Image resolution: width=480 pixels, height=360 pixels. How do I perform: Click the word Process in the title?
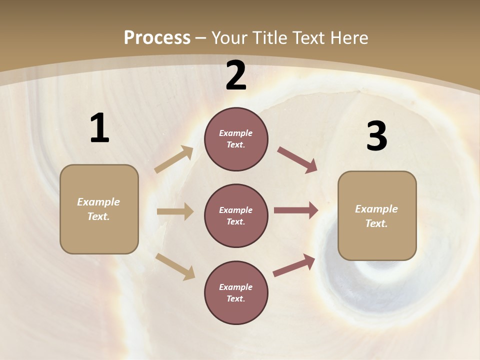pyautogui.click(x=157, y=38)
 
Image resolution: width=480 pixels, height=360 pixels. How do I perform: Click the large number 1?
pyautogui.click(x=99, y=128)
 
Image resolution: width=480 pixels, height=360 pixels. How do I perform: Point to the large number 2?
pyautogui.click(x=236, y=75)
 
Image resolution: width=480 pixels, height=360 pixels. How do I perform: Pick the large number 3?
pyautogui.click(x=376, y=136)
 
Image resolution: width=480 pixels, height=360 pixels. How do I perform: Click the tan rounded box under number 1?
pyautogui.click(x=99, y=209)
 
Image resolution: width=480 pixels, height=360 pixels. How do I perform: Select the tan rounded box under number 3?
pyautogui.click(x=377, y=216)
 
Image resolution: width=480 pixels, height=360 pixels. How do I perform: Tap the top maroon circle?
pyautogui.click(x=236, y=139)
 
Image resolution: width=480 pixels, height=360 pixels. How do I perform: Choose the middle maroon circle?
pyautogui.click(x=236, y=215)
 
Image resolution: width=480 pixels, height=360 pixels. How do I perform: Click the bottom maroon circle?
pyautogui.click(x=236, y=292)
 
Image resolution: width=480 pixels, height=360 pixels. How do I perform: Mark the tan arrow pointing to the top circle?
pyautogui.click(x=174, y=159)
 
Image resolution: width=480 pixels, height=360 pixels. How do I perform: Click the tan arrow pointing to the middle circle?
pyautogui.click(x=175, y=211)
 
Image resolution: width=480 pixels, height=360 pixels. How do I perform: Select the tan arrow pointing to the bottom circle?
pyautogui.click(x=175, y=266)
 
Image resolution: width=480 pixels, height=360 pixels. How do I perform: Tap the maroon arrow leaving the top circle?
pyautogui.click(x=297, y=159)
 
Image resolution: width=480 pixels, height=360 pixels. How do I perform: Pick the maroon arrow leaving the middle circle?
pyautogui.click(x=296, y=210)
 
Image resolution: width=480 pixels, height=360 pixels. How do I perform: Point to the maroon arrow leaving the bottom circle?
pyautogui.click(x=294, y=265)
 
